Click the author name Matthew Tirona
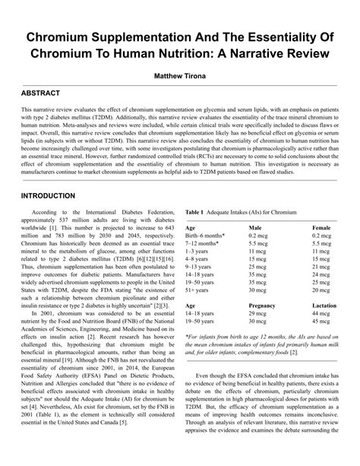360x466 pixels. tap(180, 77)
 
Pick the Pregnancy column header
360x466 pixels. tap(263, 304)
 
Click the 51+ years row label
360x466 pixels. tap(200, 289)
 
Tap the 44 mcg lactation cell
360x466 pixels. tap(322, 314)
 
